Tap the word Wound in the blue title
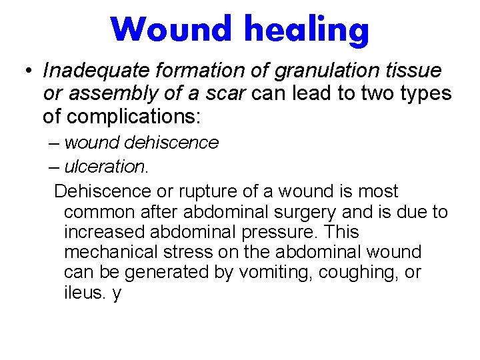pyautogui.click(x=173, y=29)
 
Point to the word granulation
pyautogui.click(x=324, y=70)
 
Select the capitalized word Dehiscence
pyautogui.click(x=103, y=191)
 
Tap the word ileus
pyautogui.click(x=83, y=293)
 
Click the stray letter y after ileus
pyautogui.click(x=117, y=294)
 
